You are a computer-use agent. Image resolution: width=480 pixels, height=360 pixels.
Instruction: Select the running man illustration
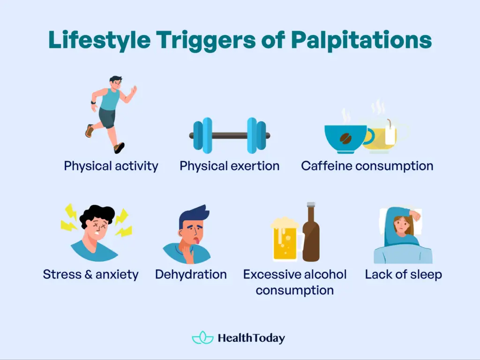111,114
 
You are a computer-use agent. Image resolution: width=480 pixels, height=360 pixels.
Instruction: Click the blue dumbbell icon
230,135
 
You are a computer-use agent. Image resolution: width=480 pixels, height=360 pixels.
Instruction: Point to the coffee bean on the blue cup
346,138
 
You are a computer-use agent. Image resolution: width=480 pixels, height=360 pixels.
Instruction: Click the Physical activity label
111,166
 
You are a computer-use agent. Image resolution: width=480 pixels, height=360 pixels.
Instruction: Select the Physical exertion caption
230,166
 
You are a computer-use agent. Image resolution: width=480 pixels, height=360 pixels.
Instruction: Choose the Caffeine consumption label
367,166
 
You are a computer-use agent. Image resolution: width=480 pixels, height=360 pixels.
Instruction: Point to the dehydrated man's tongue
197,241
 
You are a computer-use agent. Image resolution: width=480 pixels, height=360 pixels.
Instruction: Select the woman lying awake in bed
403,235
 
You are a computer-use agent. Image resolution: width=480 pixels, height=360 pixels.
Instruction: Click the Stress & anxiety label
90,274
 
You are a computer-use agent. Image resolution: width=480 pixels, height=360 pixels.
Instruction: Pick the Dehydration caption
191,274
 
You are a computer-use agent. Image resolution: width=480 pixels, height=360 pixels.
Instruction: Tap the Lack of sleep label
404,274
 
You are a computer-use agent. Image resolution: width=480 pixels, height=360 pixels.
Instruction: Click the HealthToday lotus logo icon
202,337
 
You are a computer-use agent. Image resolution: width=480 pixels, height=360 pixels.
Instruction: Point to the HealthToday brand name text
251,338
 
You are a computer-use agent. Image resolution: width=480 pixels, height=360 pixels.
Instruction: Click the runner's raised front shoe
120,148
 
